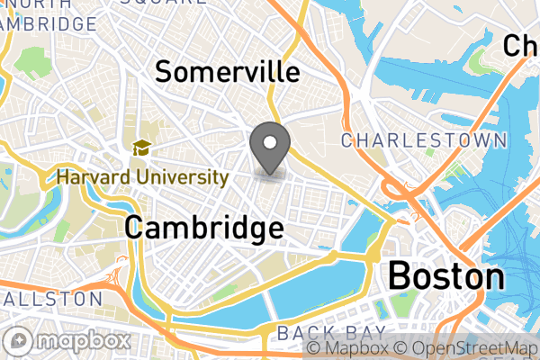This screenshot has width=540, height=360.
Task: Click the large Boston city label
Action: pos(445,275)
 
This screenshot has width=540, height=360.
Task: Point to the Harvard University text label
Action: pos(142,176)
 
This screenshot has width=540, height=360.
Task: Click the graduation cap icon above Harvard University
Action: pos(141,148)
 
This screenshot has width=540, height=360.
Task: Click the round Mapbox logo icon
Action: pos(20,342)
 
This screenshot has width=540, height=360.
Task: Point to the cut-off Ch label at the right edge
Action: pos(520,46)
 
